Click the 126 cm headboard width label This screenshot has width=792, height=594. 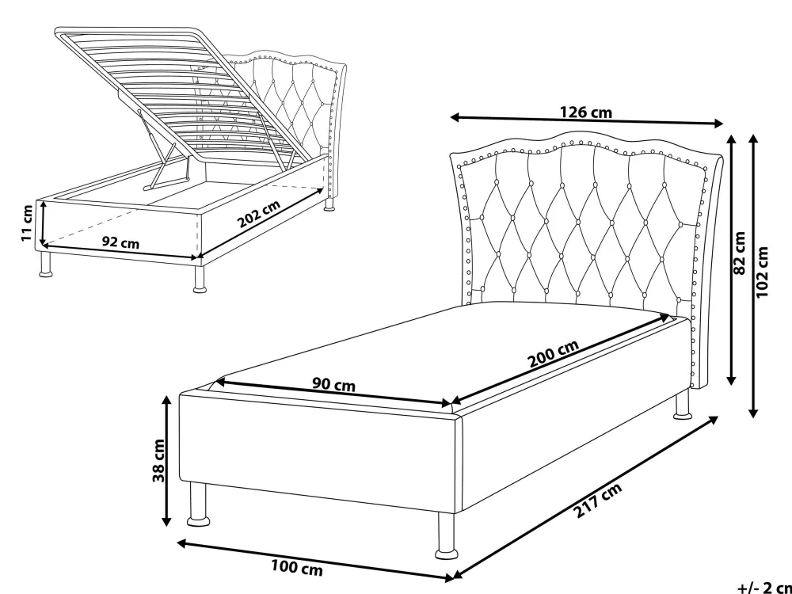586,112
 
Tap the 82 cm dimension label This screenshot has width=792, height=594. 739,253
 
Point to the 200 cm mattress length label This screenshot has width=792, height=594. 553,353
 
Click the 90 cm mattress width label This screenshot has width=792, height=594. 333,385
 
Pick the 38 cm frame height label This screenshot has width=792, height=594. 158,460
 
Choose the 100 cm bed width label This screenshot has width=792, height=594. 297,567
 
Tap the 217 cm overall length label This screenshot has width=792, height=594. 598,500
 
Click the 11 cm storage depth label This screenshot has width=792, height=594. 27,223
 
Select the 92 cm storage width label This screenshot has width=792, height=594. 120,242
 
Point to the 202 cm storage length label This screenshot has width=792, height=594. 259,214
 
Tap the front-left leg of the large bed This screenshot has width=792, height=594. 199,504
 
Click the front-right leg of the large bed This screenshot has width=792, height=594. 447,536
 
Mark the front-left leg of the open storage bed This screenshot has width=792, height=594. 46,265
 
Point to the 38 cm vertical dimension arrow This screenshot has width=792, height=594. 166,461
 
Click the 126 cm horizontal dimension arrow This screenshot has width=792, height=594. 586,120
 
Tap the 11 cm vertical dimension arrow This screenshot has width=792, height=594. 44,223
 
